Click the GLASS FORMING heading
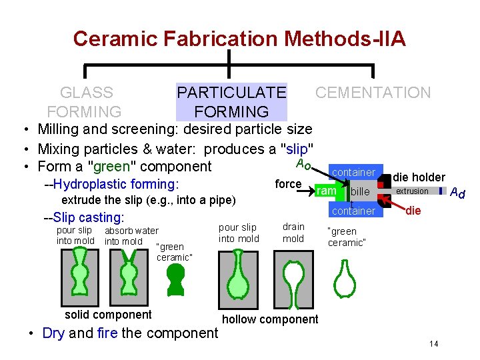pos(85,102)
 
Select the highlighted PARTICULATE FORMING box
pos(231,102)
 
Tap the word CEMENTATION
pos(373,93)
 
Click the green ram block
pos(327,191)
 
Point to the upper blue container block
pos(353,172)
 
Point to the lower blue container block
pos(353,211)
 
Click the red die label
pos(413,211)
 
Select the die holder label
pos(419,177)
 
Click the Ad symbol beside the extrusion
pos(457,193)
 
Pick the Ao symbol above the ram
pos(303,163)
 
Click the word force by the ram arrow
pos(289,184)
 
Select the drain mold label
pos(293,233)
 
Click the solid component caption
pos(108,315)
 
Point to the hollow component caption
pos(270,319)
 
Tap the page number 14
pos(433,344)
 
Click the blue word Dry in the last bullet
pos(53,333)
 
